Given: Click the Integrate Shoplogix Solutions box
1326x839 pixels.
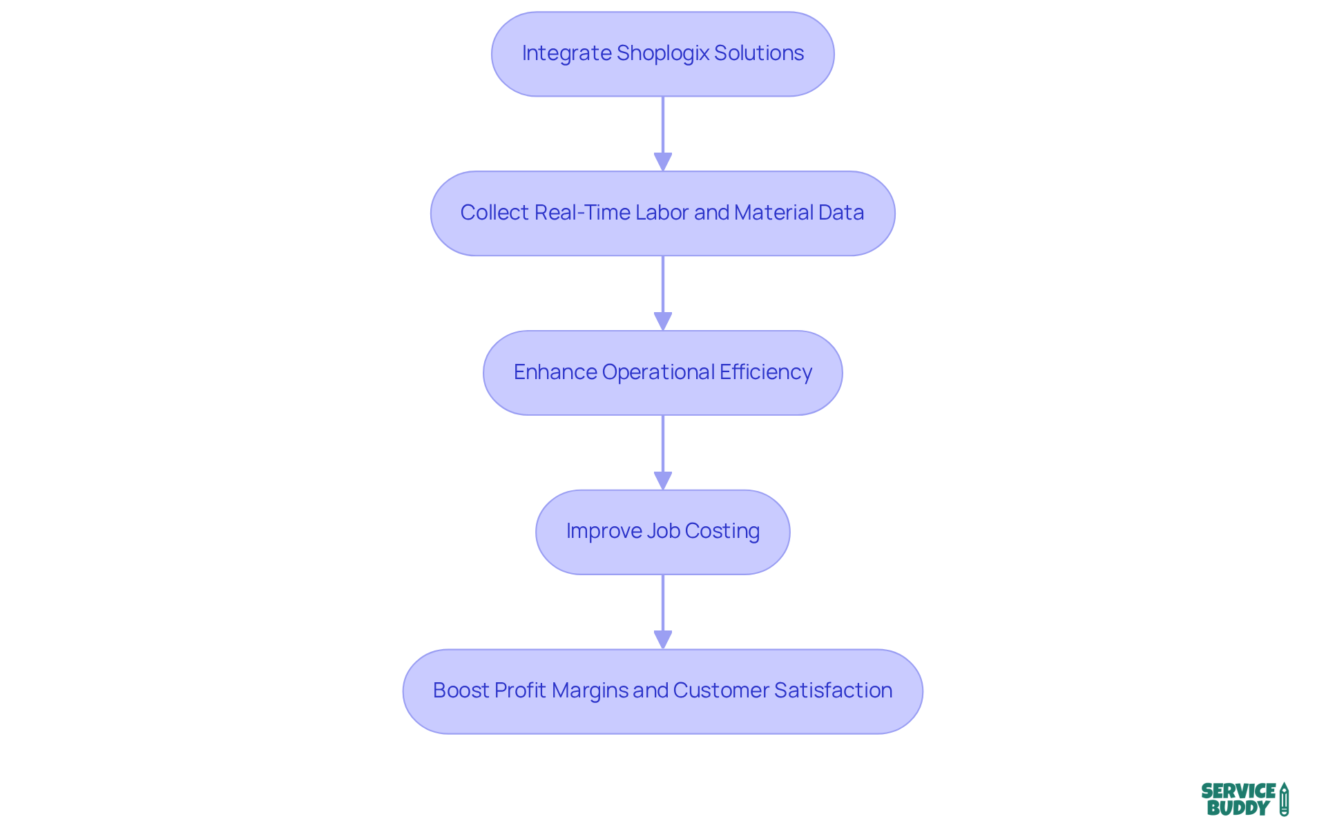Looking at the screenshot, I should pyautogui.click(x=662, y=54).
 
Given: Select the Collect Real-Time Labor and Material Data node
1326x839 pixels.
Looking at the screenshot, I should pyautogui.click(x=662, y=213).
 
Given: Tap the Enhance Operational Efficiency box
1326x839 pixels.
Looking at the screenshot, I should pyautogui.click(x=662, y=373).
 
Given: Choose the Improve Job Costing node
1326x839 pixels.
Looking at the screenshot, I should pyautogui.click(x=662, y=532).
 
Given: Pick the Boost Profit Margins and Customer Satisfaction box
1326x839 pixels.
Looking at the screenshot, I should pyautogui.click(x=662, y=691).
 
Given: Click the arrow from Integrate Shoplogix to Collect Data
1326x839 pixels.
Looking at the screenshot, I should pyautogui.click(x=663, y=133).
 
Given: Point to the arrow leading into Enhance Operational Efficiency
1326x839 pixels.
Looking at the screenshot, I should pyautogui.click(x=663, y=292).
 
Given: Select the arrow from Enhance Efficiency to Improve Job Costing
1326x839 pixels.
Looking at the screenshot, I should pyautogui.click(x=663, y=452).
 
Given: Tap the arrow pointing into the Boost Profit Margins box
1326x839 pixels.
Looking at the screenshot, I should pyautogui.click(x=663, y=611).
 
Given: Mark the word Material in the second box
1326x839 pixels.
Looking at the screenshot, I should pyautogui.click(x=766, y=213).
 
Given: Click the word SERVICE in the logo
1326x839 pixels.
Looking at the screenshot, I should pyautogui.click(x=1238, y=791).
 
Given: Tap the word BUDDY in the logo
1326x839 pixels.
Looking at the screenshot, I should pyautogui.click(x=1238, y=808).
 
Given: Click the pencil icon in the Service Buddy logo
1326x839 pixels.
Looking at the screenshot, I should pyautogui.click(x=1284, y=799).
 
